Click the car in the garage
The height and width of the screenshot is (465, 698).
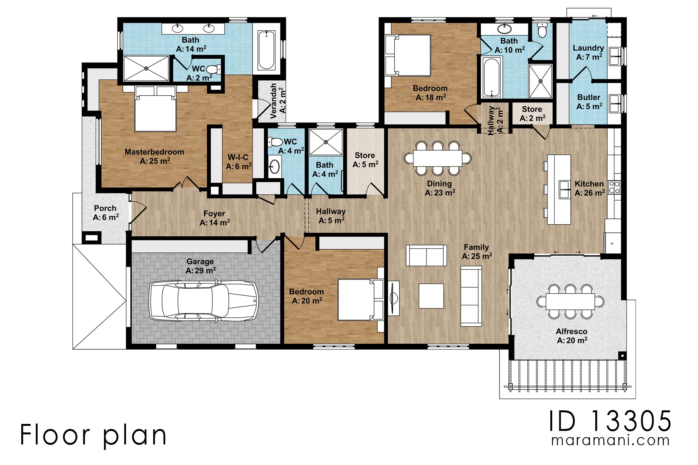click(204, 301)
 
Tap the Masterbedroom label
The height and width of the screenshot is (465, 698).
click(154, 152)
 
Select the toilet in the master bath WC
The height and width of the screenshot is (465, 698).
click(213, 69)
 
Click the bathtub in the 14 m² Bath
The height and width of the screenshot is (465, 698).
click(266, 50)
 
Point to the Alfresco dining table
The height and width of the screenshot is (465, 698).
click(570, 301)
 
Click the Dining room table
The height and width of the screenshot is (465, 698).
click(437, 158)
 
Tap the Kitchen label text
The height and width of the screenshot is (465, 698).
click(589, 184)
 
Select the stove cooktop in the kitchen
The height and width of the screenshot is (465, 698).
click(614, 187)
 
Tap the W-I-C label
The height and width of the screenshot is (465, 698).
click(238, 157)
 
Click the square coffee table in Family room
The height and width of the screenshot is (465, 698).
click(431, 296)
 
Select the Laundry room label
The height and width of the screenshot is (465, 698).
click(588, 48)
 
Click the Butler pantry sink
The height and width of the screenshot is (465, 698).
click(615, 103)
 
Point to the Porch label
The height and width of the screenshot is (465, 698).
click(105, 208)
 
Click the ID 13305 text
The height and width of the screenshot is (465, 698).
click(610, 421)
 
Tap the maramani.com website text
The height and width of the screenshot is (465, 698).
click(610, 441)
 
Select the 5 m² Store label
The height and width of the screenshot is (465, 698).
click(365, 155)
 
